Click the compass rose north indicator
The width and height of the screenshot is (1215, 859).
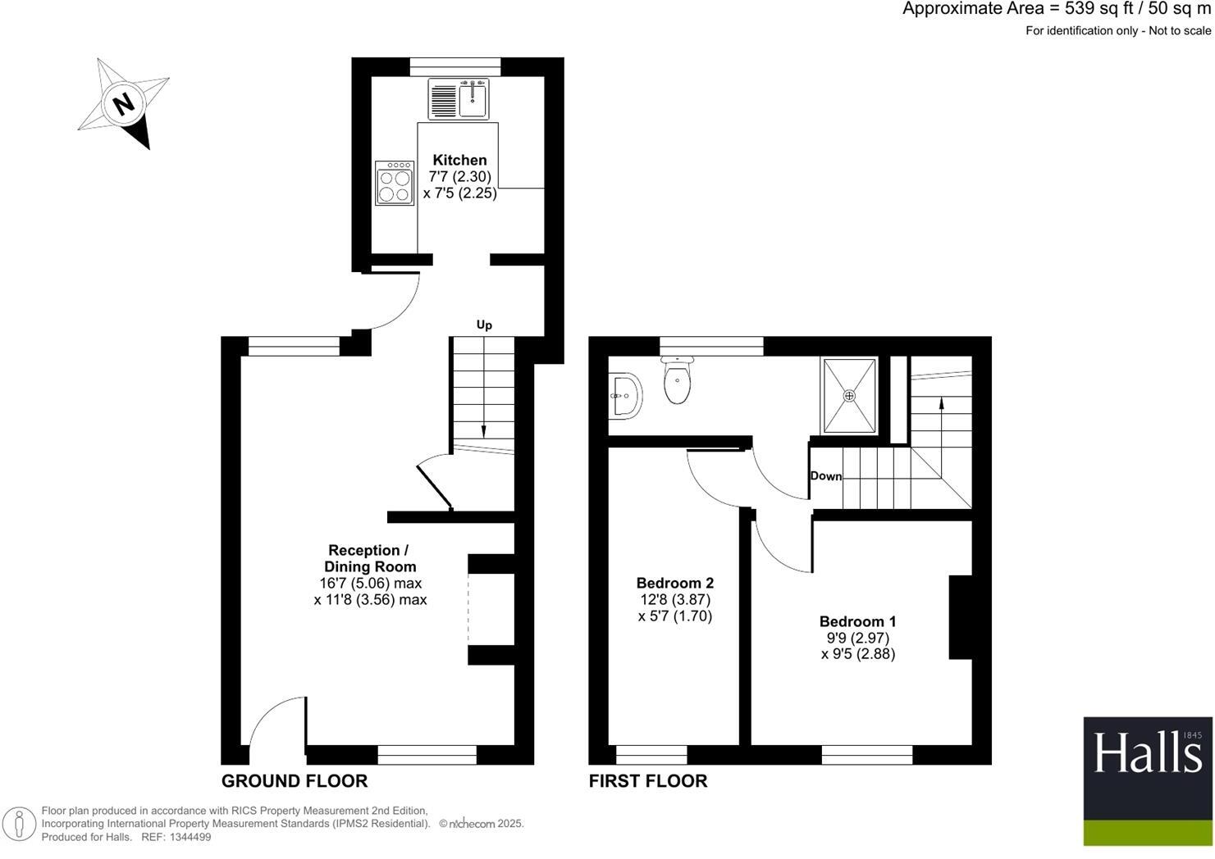[x=124, y=104]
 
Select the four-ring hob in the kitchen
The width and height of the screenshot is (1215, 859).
[x=395, y=183]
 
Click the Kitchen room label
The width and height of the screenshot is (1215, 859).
[x=459, y=160]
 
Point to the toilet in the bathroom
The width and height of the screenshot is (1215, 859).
[x=678, y=382]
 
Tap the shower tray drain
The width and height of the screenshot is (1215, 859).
[x=849, y=396]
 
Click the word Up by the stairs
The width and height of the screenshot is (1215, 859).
[x=484, y=325]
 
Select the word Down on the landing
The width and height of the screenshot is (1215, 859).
[x=825, y=476]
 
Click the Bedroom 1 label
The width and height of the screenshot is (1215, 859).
[x=857, y=621]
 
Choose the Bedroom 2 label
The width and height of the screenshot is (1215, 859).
[x=674, y=583]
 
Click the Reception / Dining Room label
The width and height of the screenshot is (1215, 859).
[x=369, y=558]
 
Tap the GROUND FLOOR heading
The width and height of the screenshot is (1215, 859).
[x=295, y=781]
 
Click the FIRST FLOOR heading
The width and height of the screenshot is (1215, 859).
[x=648, y=781]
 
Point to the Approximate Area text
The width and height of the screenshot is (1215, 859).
[x=1056, y=9]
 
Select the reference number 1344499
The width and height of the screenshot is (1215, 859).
[x=188, y=837]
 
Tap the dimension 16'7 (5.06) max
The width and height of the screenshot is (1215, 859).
[x=370, y=583]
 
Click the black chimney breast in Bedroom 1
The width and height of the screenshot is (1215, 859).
[x=960, y=617]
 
